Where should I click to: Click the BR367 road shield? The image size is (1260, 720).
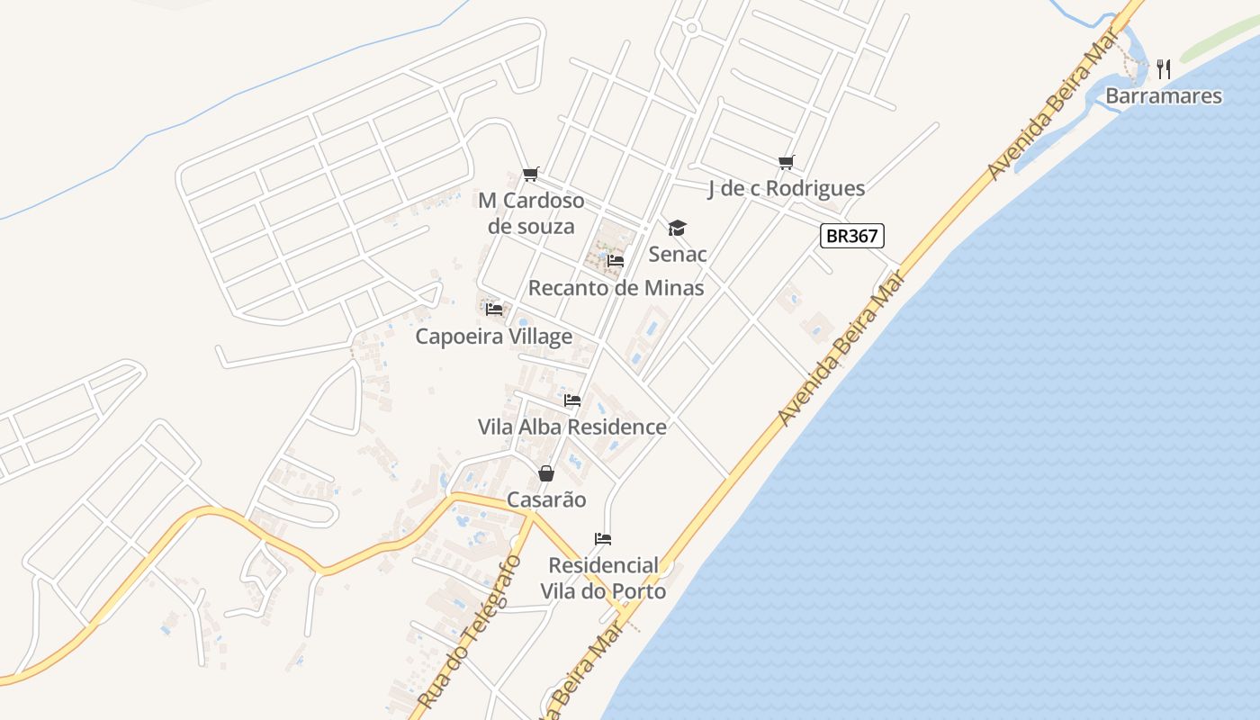tap(852, 236)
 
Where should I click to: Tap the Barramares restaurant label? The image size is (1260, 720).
tap(1163, 96)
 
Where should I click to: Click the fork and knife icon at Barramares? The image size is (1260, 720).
tap(1163, 68)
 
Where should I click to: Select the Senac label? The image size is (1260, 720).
tap(678, 254)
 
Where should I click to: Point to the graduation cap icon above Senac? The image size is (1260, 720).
tap(677, 229)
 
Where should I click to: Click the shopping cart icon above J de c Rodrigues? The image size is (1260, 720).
tap(787, 163)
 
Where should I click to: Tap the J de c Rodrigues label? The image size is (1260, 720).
tap(786, 188)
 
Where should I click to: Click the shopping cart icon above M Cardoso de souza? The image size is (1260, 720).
tap(531, 175)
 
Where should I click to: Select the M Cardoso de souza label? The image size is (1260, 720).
tap(531, 213)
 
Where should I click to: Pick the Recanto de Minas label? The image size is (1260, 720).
tap(616, 288)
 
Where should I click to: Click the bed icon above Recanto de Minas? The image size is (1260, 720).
tap(616, 261)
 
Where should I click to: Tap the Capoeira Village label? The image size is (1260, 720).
tap(493, 337)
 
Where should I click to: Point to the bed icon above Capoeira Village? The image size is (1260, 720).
tap(493, 310)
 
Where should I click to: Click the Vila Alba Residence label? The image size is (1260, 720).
tap(572, 427)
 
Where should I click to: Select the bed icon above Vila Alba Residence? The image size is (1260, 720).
tap(572, 400)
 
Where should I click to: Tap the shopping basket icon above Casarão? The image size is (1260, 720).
tap(546, 473)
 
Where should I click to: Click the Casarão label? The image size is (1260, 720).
tap(546, 499)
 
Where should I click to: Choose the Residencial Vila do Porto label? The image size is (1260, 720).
tap(603, 578)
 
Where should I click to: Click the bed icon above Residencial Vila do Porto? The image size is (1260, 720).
tap(603, 539)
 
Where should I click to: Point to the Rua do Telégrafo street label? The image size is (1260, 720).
tap(470, 630)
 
